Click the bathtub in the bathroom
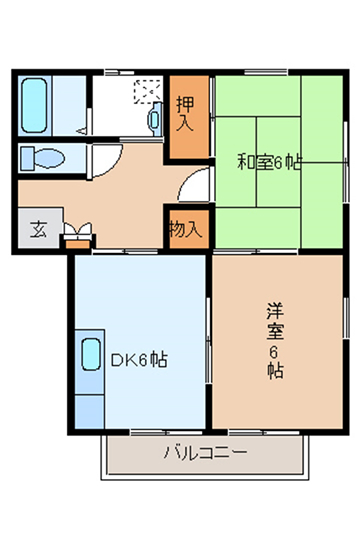[34, 105]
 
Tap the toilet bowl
[50, 159]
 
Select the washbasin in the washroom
[155, 119]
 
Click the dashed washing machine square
[147, 92]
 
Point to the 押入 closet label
[185, 114]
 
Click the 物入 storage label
[186, 229]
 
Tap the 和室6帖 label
[269, 163]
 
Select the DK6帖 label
[139, 360]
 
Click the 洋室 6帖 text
[275, 341]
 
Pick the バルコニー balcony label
[206, 453]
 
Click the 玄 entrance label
[38, 229]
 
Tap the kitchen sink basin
[91, 354]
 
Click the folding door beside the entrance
[78, 231]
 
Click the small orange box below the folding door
[78, 245]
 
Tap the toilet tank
[27, 159]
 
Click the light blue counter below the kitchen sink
[90, 412]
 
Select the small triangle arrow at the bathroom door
[81, 131]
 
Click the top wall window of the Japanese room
[266, 72]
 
